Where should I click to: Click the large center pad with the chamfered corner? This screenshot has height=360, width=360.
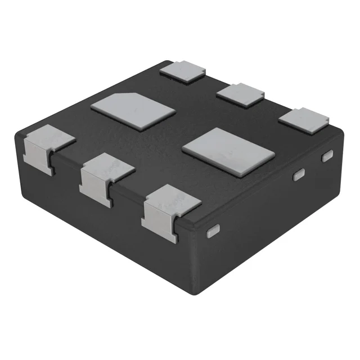pos(133,111)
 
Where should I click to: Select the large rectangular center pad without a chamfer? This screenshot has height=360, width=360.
pos(228,149)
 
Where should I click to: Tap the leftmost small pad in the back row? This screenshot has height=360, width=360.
pos(182,71)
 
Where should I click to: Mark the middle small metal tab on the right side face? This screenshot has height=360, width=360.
pos(299,175)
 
